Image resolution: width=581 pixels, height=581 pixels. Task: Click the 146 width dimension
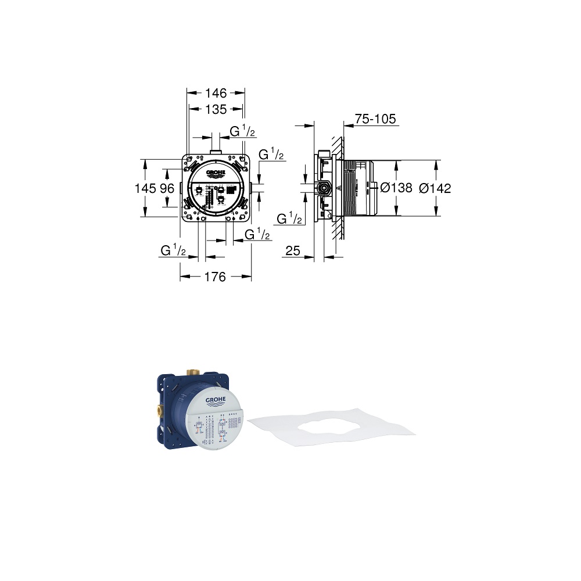pyautogui.click(x=215, y=92)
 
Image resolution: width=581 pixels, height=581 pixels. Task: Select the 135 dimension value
pyautogui.click(x=216, y=109)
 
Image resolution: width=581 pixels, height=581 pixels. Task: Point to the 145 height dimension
pyautogui.click(x=146, y=188)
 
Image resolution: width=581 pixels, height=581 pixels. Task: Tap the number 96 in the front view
pyautogui.click(x=167, y=188)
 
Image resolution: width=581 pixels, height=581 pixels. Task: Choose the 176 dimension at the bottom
pyautogui.click(x=215, y=277)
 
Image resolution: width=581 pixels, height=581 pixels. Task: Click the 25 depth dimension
pyautogui.click(x=293, y=250)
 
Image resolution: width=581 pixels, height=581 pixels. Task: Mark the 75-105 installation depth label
pyautogui.click(x=375, y=120)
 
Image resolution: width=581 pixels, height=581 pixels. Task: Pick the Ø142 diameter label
pyautogui.click(x=435, y=188)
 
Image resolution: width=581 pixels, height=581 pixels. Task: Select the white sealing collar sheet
pyautogui.click(x=331, y=424)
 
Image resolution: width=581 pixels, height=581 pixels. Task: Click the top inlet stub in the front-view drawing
pyautogui.click(x=216, y=152)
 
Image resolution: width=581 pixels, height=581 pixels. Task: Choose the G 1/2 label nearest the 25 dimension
pyautogui.click(x=289, y=219)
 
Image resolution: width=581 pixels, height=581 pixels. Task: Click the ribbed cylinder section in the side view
pyautogui.click(x=349, y=188)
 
